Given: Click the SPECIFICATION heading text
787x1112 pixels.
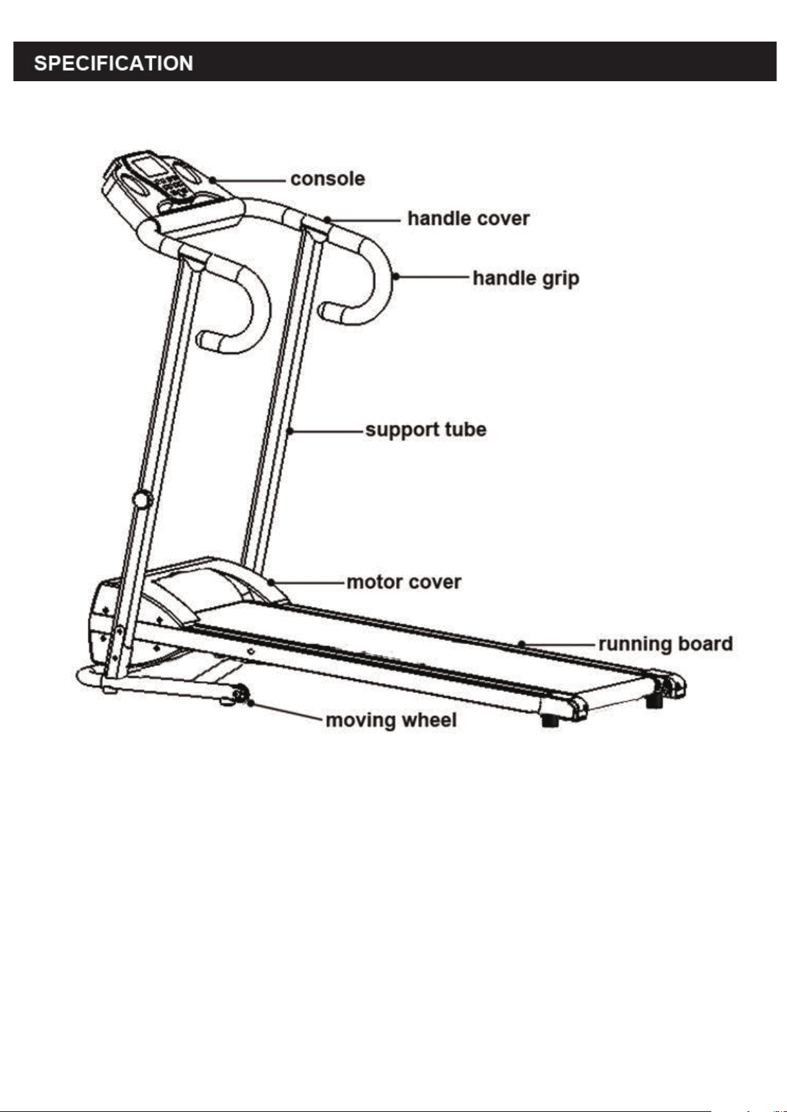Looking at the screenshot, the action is click(x=113, y=63).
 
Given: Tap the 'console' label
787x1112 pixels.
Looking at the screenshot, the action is click(x=327, y=179).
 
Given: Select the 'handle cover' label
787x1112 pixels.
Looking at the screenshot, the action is click(x=469, y=218).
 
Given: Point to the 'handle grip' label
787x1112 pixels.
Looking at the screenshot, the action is click(x=526, y=278).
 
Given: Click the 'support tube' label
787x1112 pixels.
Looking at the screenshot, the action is click(x=426, y=430).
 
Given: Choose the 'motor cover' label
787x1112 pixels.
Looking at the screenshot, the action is click(x=403, y=582).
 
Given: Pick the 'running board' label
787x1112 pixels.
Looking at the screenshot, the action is click(x=666, y=644).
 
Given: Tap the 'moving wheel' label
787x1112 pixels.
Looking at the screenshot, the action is click(x=392, y=720).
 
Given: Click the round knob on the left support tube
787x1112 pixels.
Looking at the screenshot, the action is click(x=142, y=500).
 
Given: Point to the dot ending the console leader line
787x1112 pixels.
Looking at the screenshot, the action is click(x=213, y=180).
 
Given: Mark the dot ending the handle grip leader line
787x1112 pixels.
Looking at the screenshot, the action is click(x=395, y=277).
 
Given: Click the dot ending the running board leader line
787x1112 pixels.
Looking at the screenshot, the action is click(x=522, y=644).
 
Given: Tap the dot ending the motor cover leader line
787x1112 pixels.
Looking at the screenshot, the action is click(x=271, y=581).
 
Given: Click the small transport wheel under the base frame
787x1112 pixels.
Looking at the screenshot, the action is click(x=240, y=693).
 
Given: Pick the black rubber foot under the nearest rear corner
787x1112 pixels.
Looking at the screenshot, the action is click(x=550, y=721).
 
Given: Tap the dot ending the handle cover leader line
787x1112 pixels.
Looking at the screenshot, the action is click(x=327, y=219).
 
